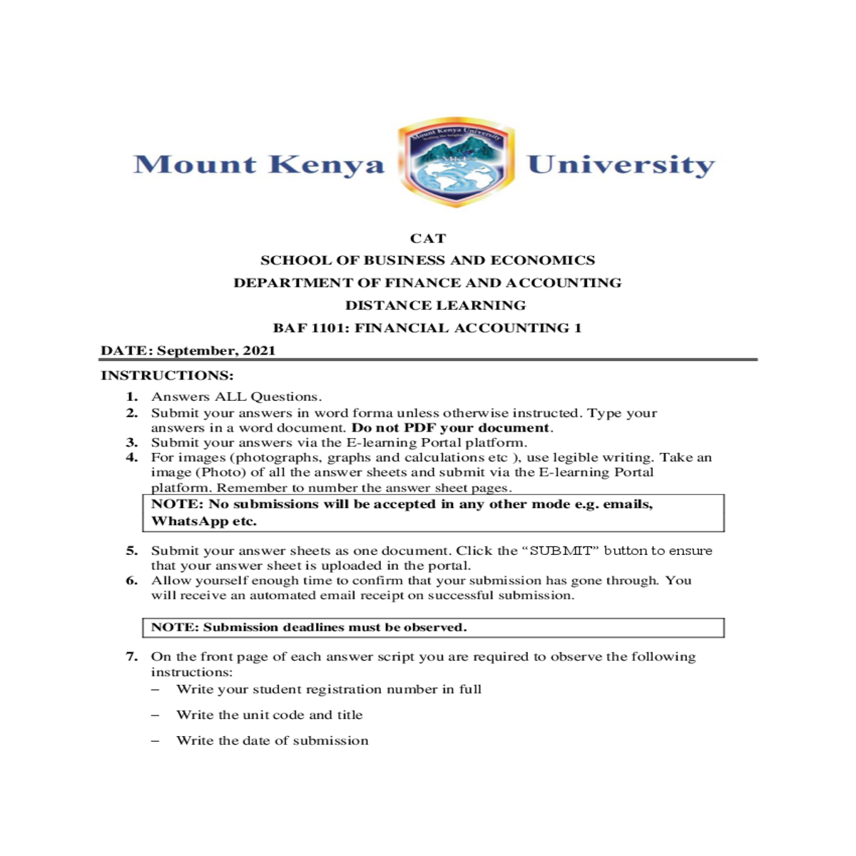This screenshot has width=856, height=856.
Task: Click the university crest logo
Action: tap(456, 163)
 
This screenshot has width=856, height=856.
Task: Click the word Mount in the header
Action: tap(195, 165)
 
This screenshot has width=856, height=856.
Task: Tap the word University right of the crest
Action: tap(621, 165)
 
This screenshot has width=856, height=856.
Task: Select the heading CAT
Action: tap(428, 238)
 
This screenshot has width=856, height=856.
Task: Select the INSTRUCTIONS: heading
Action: tap(167, 375)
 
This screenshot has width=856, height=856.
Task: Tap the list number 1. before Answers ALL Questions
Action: tap(132, 397)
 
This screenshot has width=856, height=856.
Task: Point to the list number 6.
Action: tap(132, 581)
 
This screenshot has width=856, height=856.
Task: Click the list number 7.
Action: tap(132, 656)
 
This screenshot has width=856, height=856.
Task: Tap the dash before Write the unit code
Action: tap(155, 715)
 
